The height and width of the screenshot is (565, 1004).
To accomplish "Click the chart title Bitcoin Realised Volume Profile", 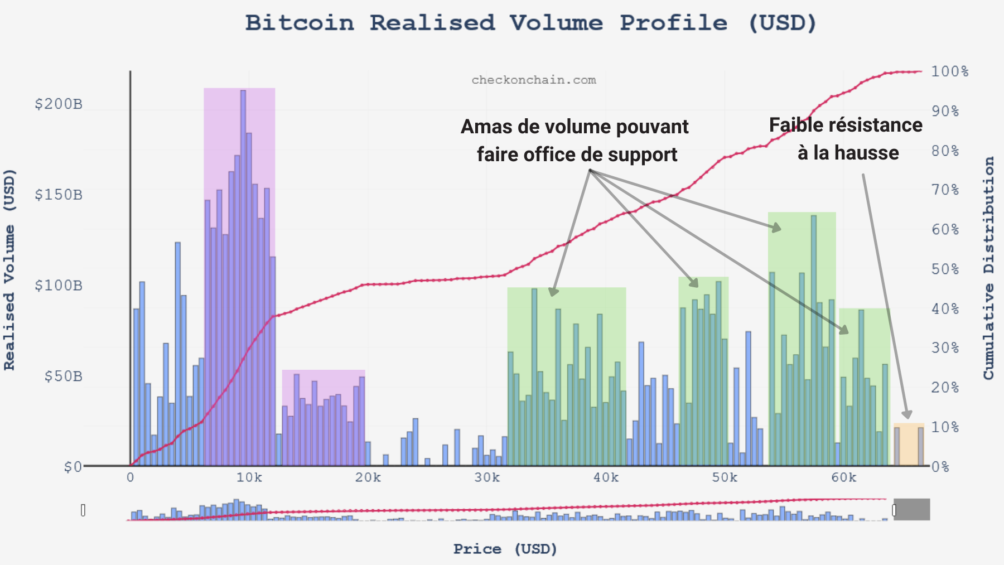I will pyautogui.click(x=530, y=23).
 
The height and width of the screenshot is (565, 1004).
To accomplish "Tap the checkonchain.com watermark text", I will pyautogui.click(x=534, y=80).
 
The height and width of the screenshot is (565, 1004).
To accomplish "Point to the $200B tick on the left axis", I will pyautogui.click(x=58, y=104).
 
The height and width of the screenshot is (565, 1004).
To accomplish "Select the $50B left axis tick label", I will pyautogui.click(x=63, y=376).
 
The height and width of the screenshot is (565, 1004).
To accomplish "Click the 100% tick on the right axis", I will pyautogui.click(x=949, y=72).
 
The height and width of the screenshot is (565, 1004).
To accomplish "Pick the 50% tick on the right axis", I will pyautogui.click(x=945, y=269).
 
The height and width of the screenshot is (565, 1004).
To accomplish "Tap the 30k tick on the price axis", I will pyautogui.click(x=487, y=478).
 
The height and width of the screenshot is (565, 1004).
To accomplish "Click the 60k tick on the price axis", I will pyautogui.click(x=843, y=478).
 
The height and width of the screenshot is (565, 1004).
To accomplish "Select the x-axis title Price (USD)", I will pyautogui.click(x=505, y=549).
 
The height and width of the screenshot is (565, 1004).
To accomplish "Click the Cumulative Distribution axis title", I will pyautogui.click(x=989, y=268).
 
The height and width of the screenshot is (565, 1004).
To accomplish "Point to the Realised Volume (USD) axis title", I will pyautogui.click(x=9, y=269).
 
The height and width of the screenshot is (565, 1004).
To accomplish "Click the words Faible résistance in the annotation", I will pyautogui.click(x=846, y=125).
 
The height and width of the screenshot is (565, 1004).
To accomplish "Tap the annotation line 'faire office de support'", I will pyautogui.click(x=577, y=154).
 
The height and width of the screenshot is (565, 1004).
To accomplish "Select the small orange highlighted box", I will pyautogui.click(x=909, y=445).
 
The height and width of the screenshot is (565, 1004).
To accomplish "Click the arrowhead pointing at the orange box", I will pyautogui.click(x=907, y=414).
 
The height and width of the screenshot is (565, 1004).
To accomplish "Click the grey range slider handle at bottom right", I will pyautogui.click(x=911, y=510).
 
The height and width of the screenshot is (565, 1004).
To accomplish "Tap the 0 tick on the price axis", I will pyautogui.click(x=130, y=478).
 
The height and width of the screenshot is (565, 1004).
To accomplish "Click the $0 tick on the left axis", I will pyautogui.click(x=73, y=467).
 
